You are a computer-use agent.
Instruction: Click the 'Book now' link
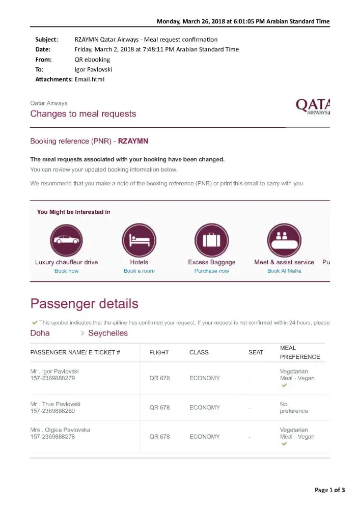[66, 271]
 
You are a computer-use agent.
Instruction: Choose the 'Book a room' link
[139, 271]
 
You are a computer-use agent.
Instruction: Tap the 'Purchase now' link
[212, 271]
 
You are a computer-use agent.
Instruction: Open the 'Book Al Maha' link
[284, 271]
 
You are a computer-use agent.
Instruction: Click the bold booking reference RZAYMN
[133, 141]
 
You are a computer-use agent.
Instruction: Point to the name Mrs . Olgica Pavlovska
[60, 430]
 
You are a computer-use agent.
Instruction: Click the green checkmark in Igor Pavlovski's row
[284, 386]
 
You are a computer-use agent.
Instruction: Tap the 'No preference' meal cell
[294, 407]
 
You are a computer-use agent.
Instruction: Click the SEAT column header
[256, 352]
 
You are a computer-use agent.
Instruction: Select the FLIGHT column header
[159, 352]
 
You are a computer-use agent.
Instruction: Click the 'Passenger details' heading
[84, 304]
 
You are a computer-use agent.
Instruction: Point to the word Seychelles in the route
[108, 333]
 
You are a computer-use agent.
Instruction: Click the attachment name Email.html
[90, 79]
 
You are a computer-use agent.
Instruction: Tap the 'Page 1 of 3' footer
[329, 490]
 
